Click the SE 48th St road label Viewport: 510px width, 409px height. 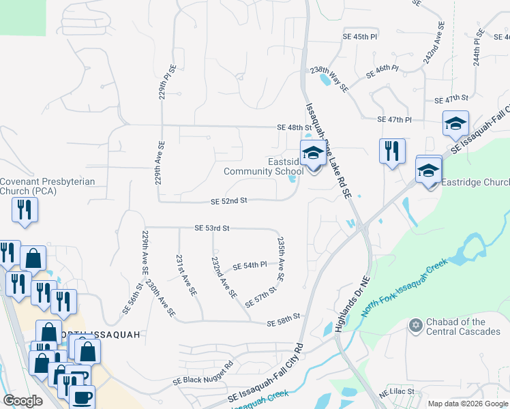coord(294,127)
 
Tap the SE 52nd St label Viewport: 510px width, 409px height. coord(228,202)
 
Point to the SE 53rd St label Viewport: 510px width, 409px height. coord(211,228)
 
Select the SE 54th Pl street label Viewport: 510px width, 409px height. coord(248,266)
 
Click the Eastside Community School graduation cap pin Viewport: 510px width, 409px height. coord(313,155)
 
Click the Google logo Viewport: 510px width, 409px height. coord(23,401)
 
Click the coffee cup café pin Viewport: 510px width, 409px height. coord(82,397)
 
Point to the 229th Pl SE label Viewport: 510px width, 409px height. coord(164,83)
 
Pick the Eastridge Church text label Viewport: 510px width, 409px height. coord(475,182)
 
